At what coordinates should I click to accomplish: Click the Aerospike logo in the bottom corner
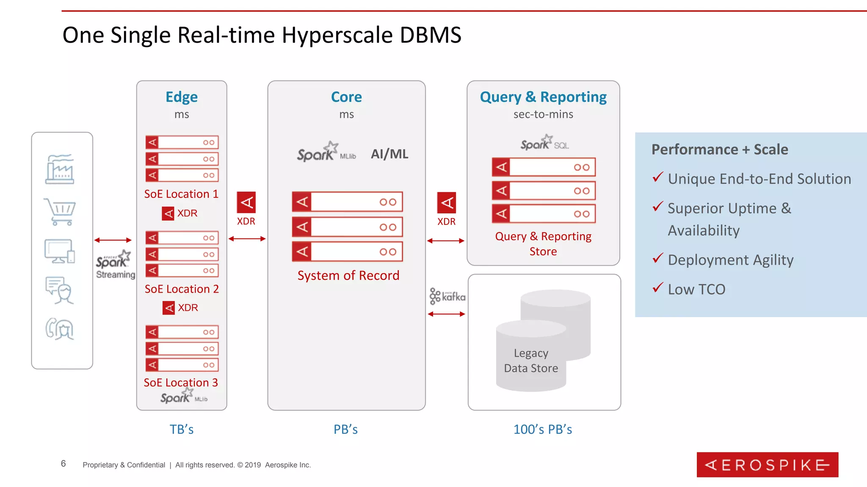(767, 465)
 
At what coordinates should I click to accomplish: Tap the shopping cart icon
(60, 211)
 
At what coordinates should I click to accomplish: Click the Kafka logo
(447, 296)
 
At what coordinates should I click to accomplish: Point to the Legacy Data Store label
(531, 360)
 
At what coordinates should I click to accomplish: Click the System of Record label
(348, 276)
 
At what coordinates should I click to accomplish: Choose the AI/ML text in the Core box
(389, 154)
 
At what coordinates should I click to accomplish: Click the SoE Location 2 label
(182, 289)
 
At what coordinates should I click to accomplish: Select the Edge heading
(182, 97)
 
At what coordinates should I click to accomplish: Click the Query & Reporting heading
(543, 97)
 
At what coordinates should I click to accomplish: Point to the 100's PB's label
(543, 430)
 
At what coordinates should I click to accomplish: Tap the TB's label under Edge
(182, 430)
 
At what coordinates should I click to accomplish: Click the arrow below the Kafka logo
(447, 314)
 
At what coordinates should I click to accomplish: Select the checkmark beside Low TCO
(657, 288)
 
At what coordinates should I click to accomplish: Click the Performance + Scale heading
(720, 150)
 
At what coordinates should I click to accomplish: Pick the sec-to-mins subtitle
(543, 115)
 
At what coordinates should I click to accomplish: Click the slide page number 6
(64, 464)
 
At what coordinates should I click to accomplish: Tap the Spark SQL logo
(544, 143)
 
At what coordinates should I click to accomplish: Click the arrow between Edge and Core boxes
(247, 239)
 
